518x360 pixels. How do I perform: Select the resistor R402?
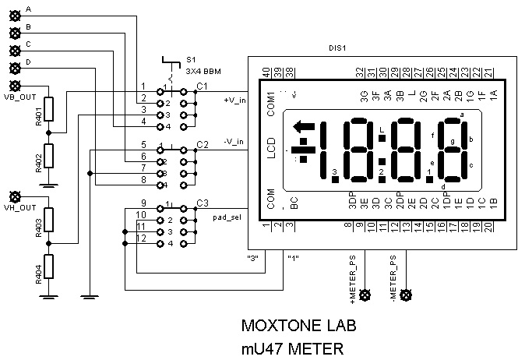tap(48, 156)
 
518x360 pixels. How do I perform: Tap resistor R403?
tap(48, 220)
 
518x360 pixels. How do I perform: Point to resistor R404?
tap(48, 266)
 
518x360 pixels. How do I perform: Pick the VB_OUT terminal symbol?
tap(13, 86)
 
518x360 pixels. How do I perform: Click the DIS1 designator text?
tap(339, 48)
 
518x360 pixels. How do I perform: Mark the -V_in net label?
tap(233, 141)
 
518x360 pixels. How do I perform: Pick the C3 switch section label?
tap(202, 203)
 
